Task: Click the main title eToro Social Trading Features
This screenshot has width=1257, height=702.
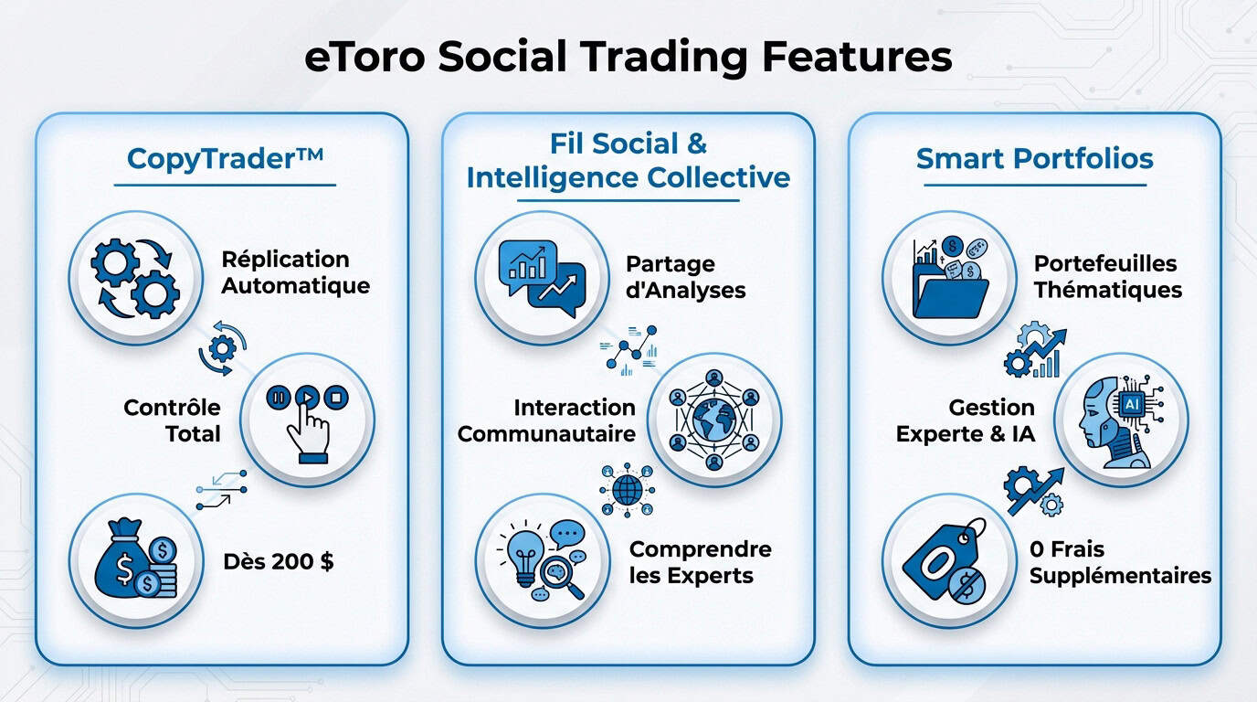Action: (x=628, y=57)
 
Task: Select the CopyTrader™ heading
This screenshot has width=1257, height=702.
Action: (x=225, y=158)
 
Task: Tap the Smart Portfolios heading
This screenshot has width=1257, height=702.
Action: (x=1034, y=158)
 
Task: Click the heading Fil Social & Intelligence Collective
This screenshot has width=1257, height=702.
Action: (x=628, y=160)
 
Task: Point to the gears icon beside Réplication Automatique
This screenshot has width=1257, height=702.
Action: (x=135, y=278)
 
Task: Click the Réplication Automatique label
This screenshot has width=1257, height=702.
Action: (x=296, y=272)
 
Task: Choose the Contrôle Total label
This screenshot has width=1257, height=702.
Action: (x=172, y=420)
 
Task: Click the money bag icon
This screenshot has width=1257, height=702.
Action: (x=135, y=561)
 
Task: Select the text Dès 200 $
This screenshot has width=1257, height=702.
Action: (x=278, y=561)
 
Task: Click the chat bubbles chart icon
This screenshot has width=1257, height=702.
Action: (x=542, y=278)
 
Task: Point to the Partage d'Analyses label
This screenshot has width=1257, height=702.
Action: (x=685, y=277)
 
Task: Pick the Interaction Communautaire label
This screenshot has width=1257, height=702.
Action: (x=546, y=420)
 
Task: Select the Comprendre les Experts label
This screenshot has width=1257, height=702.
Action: (x=700, y=562)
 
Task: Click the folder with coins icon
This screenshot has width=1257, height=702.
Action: (x=949, y=278)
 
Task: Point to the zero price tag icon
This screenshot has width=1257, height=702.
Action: (x=949, y=561)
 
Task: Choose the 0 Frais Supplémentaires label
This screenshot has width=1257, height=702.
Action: (x=1120, y=562)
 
